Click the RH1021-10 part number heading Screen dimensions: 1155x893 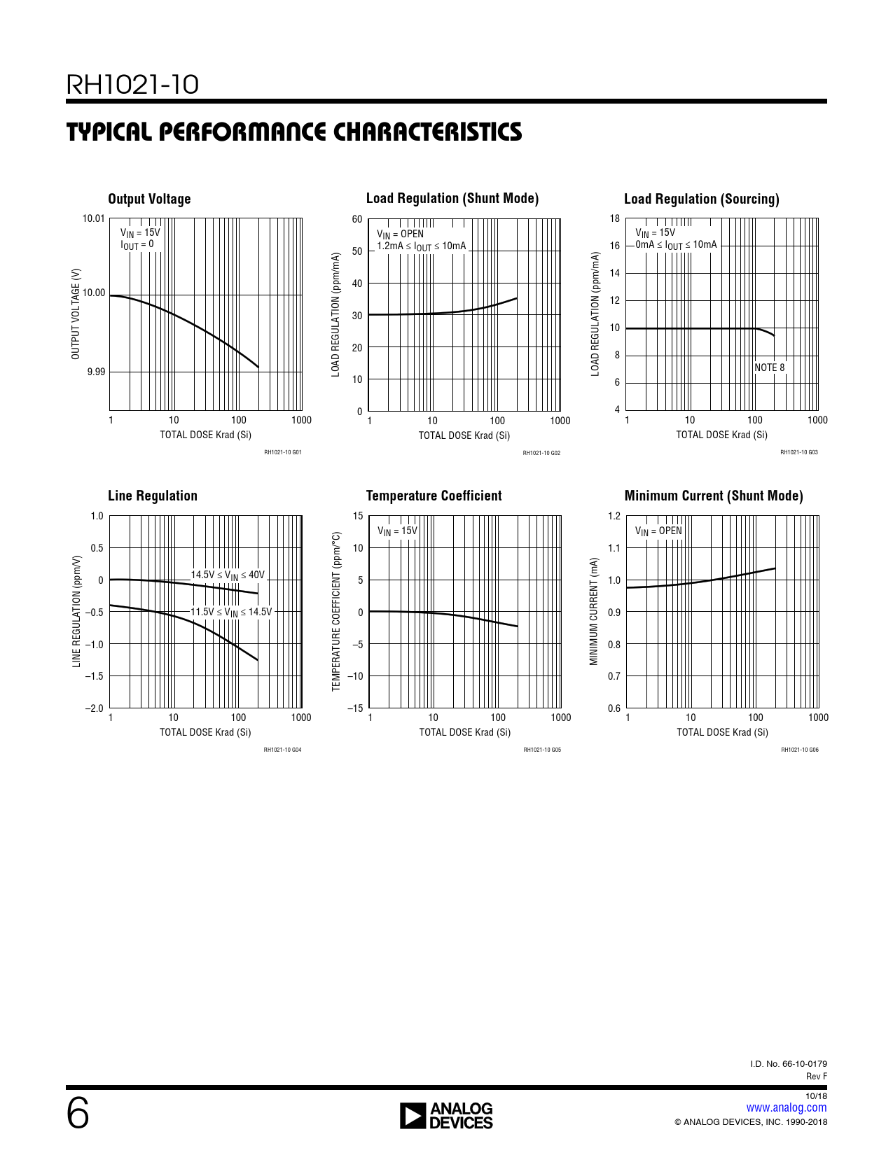click(x=132, y=85)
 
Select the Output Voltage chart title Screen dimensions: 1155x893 click(x=149, y=199)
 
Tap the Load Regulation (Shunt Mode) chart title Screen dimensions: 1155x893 click(x=452, y=198)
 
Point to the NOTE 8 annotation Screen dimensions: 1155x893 click(x=769, y=367)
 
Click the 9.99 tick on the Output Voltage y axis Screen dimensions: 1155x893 click(x=96, y=372)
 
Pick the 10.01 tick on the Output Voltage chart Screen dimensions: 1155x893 click(x=94, y=218)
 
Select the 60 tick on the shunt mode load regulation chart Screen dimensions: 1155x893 click(x=357, y=219)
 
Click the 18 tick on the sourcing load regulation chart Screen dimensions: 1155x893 click(x=614, y=218)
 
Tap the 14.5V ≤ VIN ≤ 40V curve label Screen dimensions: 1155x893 click(x=228, y=575)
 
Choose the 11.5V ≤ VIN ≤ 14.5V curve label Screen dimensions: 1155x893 click(x=231, y=612)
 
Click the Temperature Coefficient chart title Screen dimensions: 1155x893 click(x=434, y=496)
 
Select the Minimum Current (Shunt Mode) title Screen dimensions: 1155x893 click(x=714, y=496)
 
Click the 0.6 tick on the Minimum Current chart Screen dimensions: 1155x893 click(x=614, y=708)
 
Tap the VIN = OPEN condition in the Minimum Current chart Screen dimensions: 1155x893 click(x=658, y=531)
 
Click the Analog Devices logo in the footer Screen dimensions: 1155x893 click(x=446, y=1116)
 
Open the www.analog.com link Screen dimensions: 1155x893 click(x=786, y=1107)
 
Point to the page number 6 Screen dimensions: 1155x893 click(x=78, y=1114)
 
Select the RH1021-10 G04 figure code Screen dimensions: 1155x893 click(x=282, y=750)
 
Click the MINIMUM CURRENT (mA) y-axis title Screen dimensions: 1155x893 click(x=594, y=612)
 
